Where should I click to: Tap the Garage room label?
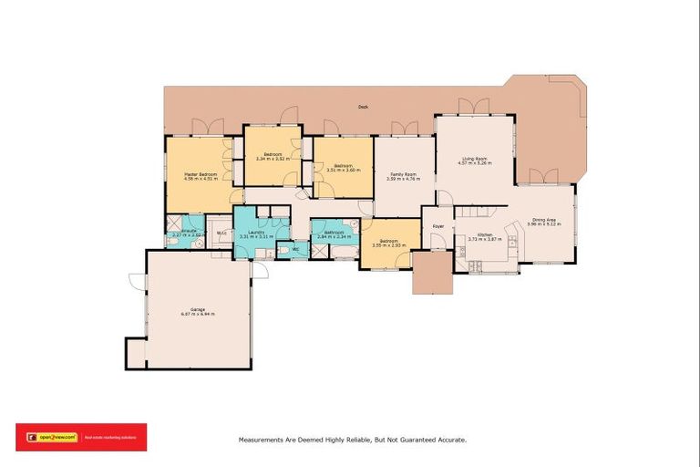coord(197,311)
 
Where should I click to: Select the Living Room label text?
coord(474,158)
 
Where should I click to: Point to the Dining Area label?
coord(545,220)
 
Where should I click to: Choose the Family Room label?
coord(404,173)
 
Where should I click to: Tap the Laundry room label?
coord(255,233)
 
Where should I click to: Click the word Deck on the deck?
coord(363,108)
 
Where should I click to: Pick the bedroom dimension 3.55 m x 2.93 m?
coord(389,245)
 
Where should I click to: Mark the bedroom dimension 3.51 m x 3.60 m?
coord(336,170)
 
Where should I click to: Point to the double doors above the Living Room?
coord(474,108)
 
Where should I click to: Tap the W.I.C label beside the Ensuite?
coord(221,233)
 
